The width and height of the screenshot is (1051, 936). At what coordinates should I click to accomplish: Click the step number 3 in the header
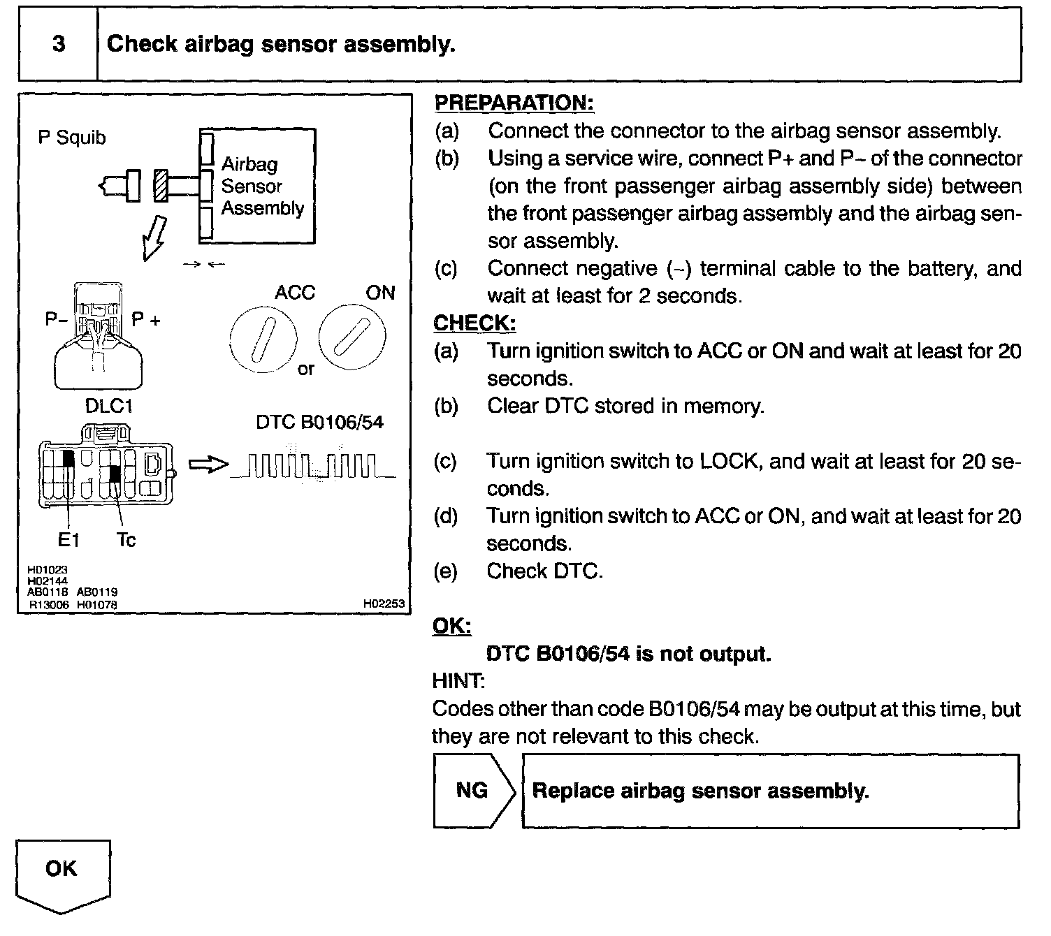[59, 44]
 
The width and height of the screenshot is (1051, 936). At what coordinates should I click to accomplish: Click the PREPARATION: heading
[514, 103]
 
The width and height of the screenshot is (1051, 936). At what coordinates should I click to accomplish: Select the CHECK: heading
[474, 323]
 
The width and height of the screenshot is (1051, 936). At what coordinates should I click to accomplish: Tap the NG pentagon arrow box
[474, 790]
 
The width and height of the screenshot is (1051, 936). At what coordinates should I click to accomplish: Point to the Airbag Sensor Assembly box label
[262, 186]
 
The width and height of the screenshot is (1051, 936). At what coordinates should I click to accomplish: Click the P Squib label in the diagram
[72, 138]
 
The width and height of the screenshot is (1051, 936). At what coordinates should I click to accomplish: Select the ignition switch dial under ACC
[263, 341]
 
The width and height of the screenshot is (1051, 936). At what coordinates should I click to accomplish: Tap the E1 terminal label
[68, 539]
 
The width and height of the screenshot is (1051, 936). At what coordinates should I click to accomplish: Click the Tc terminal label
[126, 539]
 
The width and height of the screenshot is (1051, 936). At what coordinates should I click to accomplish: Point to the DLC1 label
[108, 406]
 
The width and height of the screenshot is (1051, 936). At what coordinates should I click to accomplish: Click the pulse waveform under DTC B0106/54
[312, 466]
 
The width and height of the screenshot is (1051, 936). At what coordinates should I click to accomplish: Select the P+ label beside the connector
[147, 320]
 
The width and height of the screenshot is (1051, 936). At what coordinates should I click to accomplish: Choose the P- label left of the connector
[55, 320]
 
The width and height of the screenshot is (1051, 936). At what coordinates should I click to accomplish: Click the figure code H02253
[384, 604]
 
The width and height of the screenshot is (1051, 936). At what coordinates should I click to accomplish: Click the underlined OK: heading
[452, 626]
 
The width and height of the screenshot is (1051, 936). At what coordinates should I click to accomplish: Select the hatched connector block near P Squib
[161, 185]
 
